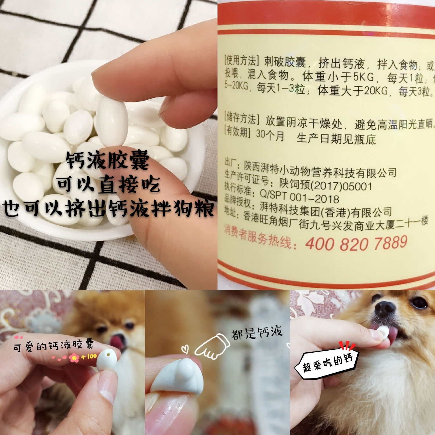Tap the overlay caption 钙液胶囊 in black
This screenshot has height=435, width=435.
tap(107, 160)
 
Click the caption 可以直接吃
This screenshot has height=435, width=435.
tap(108, 184)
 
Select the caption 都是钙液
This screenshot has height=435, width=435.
tap(256, 332)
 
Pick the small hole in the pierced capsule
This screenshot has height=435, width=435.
tap(108, 354)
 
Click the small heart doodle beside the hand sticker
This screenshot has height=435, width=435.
tap(185, 349)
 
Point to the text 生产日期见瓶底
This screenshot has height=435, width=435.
tap(336, 139)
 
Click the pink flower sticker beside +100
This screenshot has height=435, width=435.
tap(74, 358)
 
